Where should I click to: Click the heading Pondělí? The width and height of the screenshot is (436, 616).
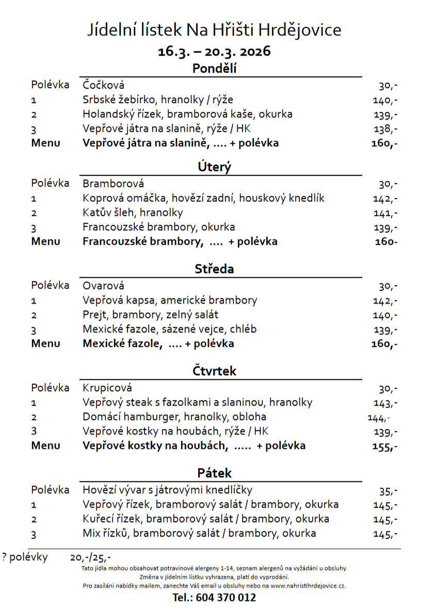[214, 68]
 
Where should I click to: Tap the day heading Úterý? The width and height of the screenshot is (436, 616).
[214, 167]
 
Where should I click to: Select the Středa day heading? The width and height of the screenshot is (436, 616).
[214, 269]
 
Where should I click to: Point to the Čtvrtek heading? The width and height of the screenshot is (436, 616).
[214, 371]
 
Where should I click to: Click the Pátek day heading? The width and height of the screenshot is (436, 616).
[214, 473]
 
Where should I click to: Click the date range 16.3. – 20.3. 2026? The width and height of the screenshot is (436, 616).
[214, 52]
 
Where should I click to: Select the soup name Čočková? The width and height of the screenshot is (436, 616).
[103, 85]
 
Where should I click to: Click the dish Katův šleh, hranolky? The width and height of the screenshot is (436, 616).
[133, 212]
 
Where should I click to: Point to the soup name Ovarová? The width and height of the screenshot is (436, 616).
[103, 286]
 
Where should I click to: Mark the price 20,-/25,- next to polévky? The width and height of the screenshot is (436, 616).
[90, 557]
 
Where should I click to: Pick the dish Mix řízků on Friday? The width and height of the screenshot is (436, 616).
[199, 533]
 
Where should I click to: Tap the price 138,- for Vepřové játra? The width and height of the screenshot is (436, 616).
[385, 129]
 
